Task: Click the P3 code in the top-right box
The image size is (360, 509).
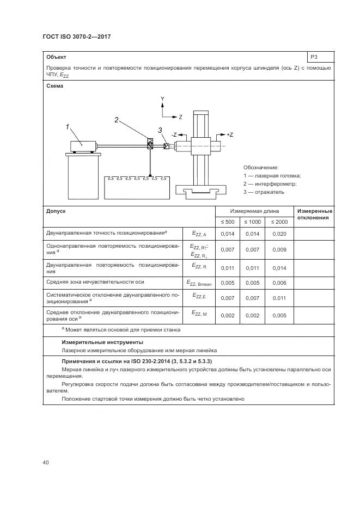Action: (x=314, y=57)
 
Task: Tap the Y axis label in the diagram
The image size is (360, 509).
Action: (x=162, y=98)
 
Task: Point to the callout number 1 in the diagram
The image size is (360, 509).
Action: (x=68, y=127)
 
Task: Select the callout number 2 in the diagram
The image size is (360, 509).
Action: (x=117, y=120)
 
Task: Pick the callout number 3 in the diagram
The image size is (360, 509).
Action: (x=160, y=130)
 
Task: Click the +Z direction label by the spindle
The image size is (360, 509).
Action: (x=229, y=134)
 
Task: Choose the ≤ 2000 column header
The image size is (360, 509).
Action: (x=279, y=222)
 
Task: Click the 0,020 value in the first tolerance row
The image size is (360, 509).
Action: (x=279, y=234)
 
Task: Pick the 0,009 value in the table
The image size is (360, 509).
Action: (x=279, y=249)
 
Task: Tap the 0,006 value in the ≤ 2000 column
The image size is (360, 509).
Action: (x=279, y=283)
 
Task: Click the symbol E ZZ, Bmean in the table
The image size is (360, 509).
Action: (x=199, y=283)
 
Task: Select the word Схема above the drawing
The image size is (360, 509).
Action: (x=55, y=86)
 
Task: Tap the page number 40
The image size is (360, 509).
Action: (x=46, y=463)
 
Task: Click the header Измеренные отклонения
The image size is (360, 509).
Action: (x=314, y=214)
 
